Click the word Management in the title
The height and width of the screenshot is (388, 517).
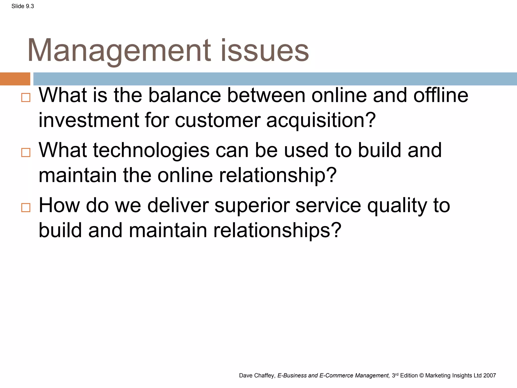click(119, 51)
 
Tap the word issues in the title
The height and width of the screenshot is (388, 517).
click(265, 51)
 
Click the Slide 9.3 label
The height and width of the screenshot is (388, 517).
click(22, 6)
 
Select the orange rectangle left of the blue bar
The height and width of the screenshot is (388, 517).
click(15, 79)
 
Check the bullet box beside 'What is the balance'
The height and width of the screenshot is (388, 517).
click(26, 98)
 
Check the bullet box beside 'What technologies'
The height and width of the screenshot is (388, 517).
click(26, 153)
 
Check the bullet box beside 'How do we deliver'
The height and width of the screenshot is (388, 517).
click(26, 208)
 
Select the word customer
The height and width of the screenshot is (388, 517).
click(218, 120)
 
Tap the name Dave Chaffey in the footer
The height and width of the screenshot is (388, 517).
click(256, 376)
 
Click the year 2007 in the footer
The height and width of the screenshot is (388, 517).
click(490, 376)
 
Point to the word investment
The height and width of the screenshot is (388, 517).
click(88, 120)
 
